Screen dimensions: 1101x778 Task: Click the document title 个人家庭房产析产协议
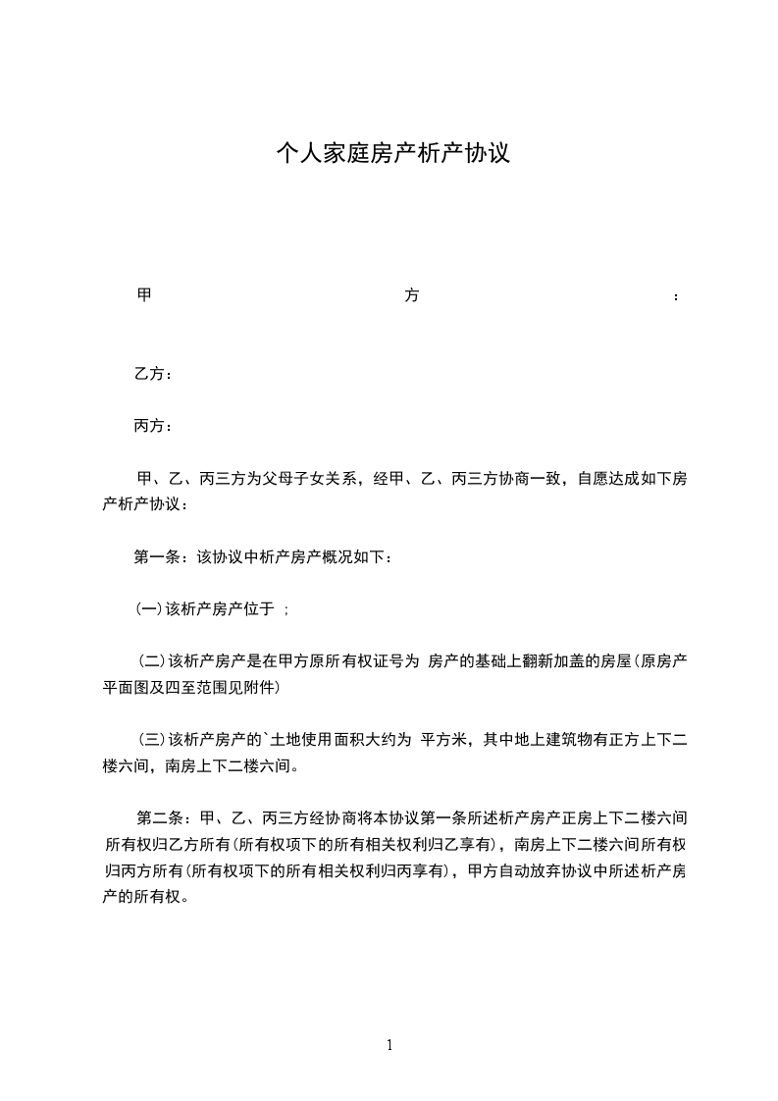pos(392,153)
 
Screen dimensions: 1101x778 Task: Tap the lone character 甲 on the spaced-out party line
pos(143,295)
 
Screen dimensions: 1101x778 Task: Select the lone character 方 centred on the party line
pos(412,295)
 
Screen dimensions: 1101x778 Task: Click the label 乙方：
pos(154,374)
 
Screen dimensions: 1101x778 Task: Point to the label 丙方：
pos(154,426)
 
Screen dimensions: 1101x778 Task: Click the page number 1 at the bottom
pos(389,1045)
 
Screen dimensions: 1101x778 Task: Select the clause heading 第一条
pos(158,557)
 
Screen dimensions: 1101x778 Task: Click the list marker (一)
pos(148,609)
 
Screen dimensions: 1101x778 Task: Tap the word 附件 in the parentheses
pos(262,688)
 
